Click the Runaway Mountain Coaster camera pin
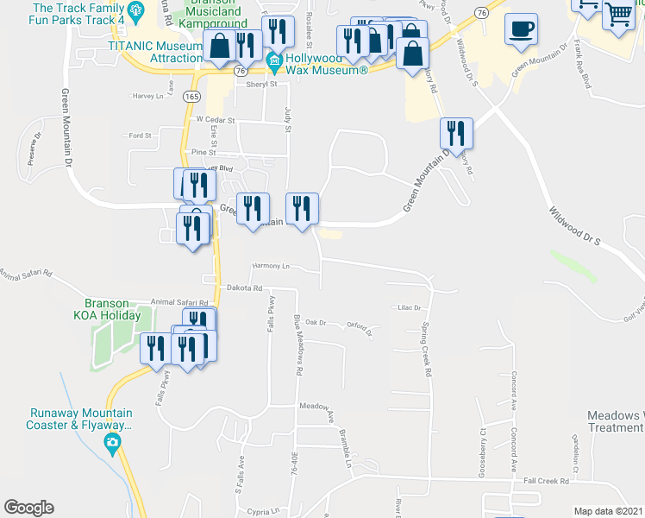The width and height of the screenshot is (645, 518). click(112, 444)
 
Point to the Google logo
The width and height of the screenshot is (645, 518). click(28, 508)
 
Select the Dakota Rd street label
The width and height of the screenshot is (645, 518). click(244, 287)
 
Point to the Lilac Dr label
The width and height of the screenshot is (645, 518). click(408, 307)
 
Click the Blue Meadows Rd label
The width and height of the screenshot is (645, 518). click(298, 344)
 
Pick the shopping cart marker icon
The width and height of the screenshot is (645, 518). click(618, 15)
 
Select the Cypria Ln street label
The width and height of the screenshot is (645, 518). click(263, 511)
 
